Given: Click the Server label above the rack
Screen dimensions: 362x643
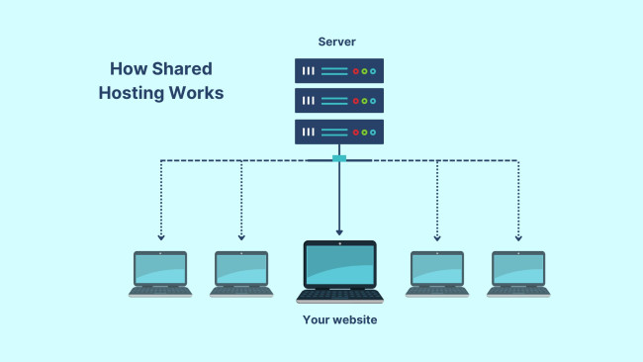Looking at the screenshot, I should coord(338,42).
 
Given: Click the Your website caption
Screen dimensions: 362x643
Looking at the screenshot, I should coord(339,320).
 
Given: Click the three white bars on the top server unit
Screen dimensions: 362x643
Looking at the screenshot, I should coord(309,71).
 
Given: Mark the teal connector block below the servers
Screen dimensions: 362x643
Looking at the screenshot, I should coord(339,158).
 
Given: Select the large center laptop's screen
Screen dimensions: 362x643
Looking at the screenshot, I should coord(339,264).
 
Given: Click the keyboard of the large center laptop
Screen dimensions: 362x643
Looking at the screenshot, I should coord(339,295).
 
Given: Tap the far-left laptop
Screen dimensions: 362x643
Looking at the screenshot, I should coord(160,273).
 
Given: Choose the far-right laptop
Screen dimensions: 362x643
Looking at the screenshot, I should coord(518,273).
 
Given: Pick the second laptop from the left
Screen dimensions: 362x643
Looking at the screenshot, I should coord(241,273).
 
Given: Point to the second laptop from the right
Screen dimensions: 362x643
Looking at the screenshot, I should coord(437,273).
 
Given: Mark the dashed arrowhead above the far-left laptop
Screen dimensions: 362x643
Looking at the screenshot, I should coord(160,237).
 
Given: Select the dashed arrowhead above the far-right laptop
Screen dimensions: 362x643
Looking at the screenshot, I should coord(518,237).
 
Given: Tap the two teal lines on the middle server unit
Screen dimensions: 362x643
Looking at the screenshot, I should coord(334,101).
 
